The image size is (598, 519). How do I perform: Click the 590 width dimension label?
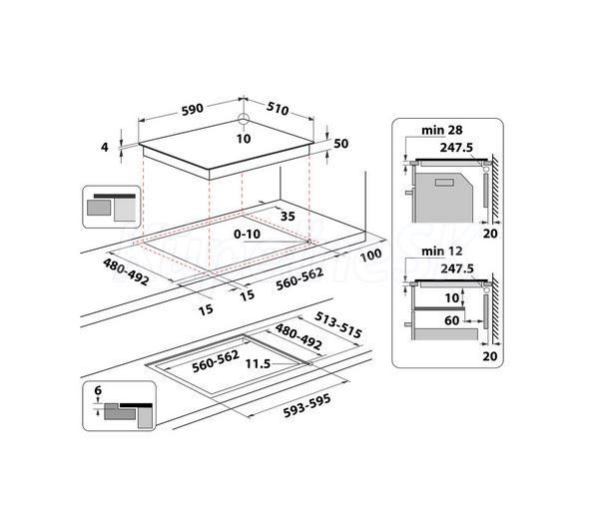[193, 110]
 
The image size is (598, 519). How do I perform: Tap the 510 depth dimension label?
[278, 109]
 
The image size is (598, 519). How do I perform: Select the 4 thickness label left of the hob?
[105, 147]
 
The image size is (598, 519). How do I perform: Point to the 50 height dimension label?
[341, 144]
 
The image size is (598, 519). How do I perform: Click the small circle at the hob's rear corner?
[244, 120]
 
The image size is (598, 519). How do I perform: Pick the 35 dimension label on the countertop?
[288, 217]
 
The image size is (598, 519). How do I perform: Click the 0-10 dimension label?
[248, 234]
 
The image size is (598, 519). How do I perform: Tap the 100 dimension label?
[370, 256]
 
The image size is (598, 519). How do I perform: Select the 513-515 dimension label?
[338, 325]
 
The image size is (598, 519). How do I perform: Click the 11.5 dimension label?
[258, 363]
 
